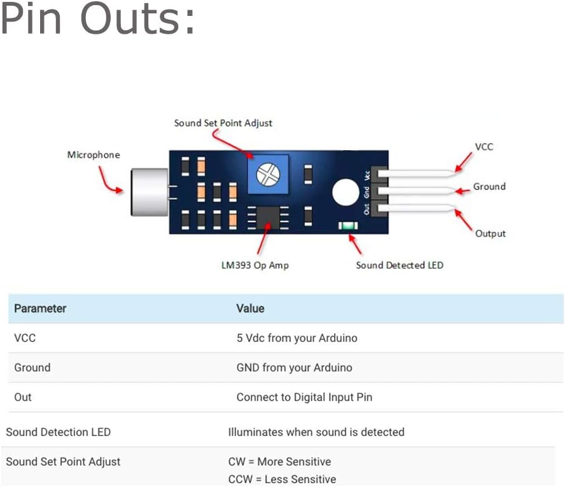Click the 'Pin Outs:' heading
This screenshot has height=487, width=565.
[98, 18]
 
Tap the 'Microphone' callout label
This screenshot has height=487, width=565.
[94, 155]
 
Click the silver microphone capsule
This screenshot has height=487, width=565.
[149, 192]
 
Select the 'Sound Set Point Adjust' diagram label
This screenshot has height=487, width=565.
[223, 123]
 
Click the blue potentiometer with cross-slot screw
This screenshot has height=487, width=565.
[268, 174]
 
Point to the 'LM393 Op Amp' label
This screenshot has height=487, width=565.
[255, 265]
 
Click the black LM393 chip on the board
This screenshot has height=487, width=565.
[268, 218]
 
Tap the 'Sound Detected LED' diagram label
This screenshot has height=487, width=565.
[400, 265]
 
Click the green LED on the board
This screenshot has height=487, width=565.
[348, 225]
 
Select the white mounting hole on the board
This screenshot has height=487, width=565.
[345, 192]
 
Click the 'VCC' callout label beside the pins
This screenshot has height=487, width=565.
[484, 146]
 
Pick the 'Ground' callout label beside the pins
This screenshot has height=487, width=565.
[489, 187]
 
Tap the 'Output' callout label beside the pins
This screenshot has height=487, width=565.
[491, 234]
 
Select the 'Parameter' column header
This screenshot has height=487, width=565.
[40, 309]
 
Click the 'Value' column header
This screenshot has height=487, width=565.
[251, 309]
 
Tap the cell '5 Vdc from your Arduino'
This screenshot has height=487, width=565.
[297, 338]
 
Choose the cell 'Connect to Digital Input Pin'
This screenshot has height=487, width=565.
[304, 397]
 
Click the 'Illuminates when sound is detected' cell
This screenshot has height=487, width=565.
[316, 432]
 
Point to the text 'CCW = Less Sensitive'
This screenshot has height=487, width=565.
[282, 479]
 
